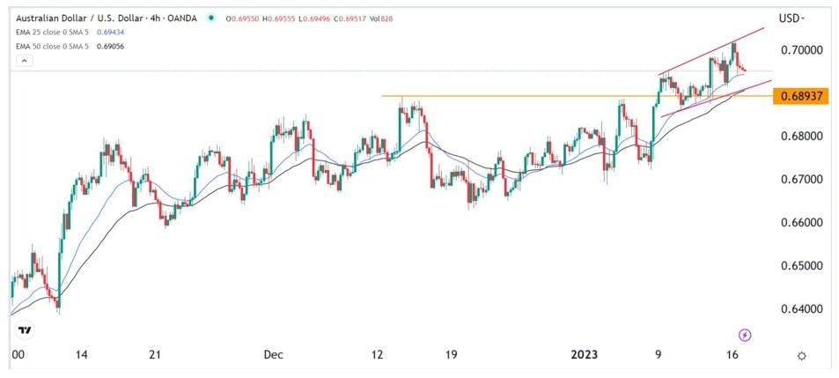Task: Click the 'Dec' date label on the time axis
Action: pos(273,355)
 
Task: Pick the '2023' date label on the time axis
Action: pos(585,355)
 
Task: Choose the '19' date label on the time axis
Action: pos(451,355)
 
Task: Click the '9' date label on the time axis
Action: pos(658,355)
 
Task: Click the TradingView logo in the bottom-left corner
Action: pos(25,330)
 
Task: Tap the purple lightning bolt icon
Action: pos(746,335)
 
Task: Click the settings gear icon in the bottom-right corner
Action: pos(801,355)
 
